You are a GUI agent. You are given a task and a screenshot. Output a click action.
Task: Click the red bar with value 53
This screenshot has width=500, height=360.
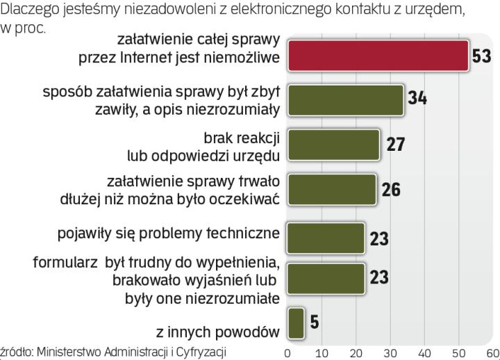pos(378,56)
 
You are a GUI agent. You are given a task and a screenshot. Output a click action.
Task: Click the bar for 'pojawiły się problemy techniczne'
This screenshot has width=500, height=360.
pos(326,238)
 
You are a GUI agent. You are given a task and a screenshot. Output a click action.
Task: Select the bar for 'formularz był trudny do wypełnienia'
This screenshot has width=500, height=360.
pos(326,278)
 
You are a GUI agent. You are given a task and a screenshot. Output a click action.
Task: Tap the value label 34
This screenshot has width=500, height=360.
pos(417,99)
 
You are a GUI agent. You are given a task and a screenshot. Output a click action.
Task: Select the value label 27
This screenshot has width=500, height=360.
pos(394,145)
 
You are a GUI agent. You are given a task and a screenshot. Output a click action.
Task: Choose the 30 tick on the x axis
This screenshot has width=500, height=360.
pos(390,352)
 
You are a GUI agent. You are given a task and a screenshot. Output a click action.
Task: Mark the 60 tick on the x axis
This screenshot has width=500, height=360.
pos(492,352)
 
